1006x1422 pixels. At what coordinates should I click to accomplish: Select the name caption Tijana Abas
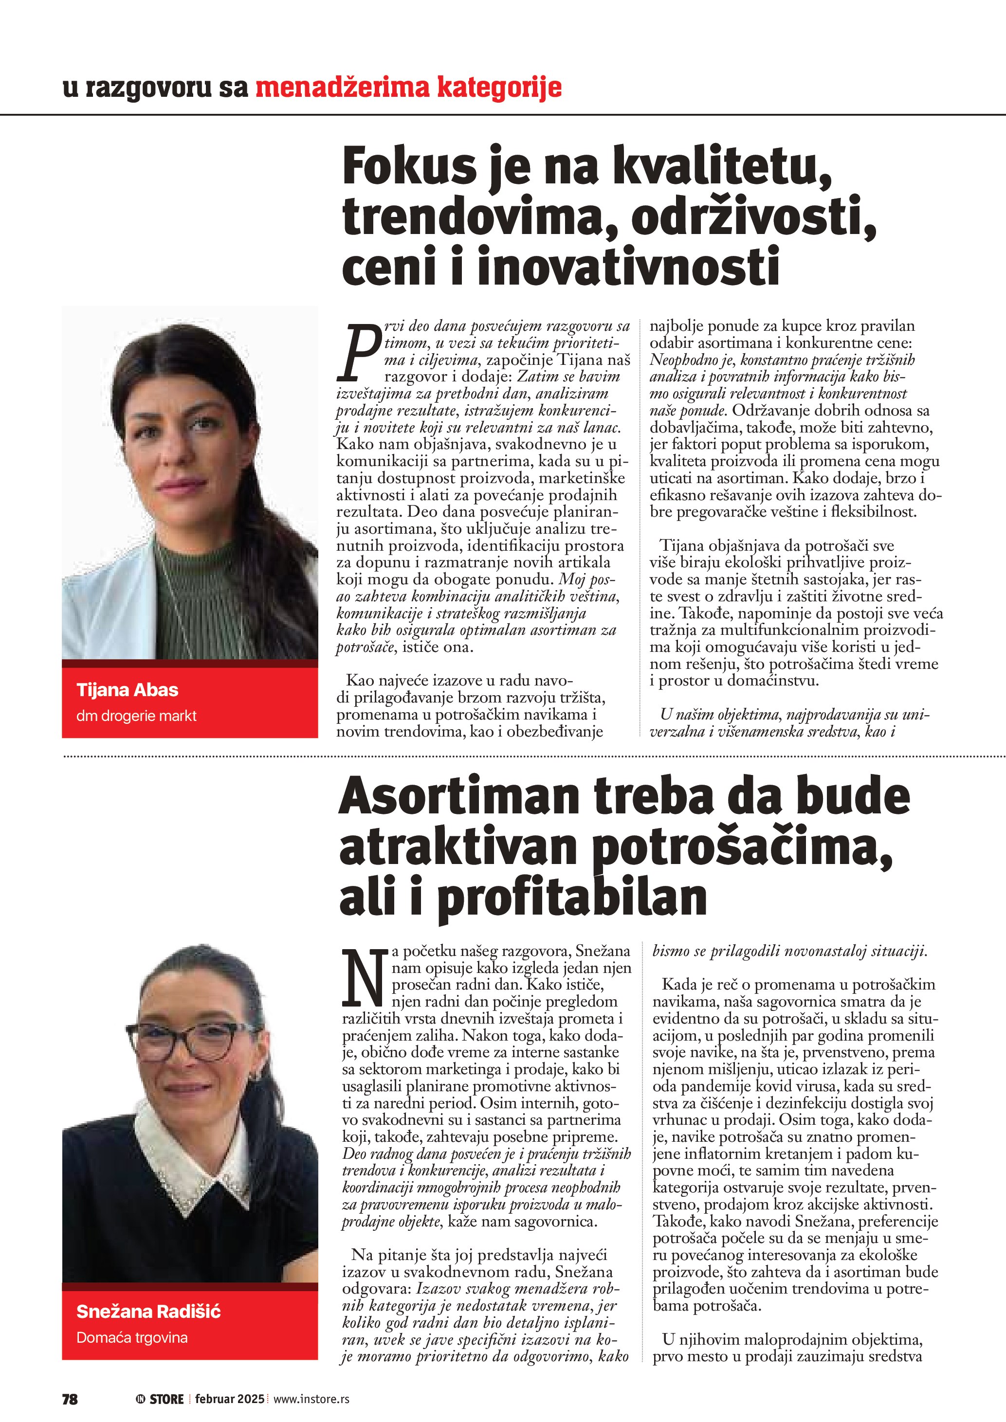pos(127,689)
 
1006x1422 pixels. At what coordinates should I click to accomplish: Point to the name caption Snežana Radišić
pos(148,1311)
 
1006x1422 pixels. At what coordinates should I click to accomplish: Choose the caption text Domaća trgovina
pos(131,1337)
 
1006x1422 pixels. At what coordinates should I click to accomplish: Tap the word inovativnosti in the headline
pos(627,266)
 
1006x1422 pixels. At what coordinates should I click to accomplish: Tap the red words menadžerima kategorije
pos(408,88)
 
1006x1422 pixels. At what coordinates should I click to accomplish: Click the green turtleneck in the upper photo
pos(198,594)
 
